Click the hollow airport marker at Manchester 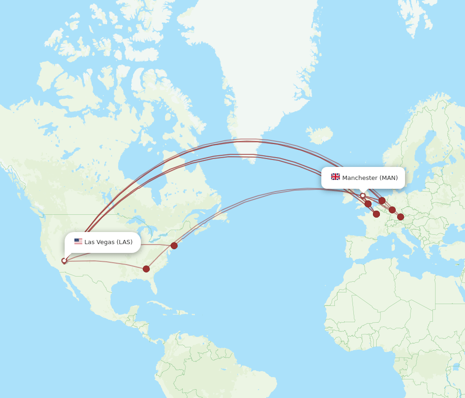363,196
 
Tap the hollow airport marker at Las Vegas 64,261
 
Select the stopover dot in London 368,204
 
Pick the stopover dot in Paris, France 376,214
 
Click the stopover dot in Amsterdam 382,200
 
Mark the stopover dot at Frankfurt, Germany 392,210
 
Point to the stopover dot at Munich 400,217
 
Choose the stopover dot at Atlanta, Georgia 146,269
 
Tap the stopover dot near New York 174,245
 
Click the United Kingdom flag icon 335,177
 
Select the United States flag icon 78,242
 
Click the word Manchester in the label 359,178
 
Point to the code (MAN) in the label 389,178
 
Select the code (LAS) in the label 124,242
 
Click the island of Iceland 319,135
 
